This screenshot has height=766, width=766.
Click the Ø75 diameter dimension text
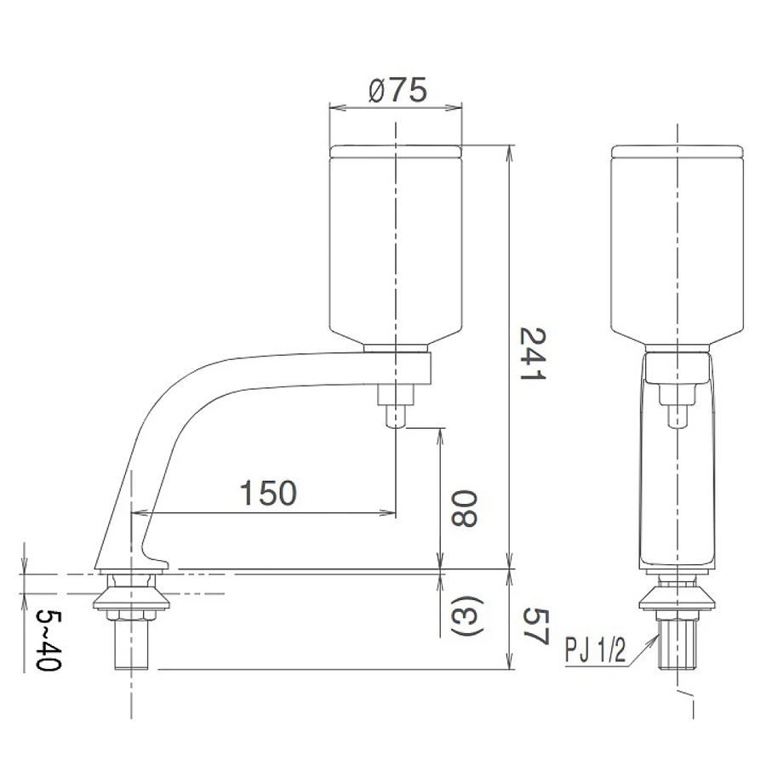click(397, 89)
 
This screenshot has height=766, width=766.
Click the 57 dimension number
click(534, 627)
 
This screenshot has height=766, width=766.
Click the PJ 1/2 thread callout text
click(595, 652)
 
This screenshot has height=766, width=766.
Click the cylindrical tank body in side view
click(396, 247)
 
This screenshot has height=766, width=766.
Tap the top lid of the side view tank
click(396, 151)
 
